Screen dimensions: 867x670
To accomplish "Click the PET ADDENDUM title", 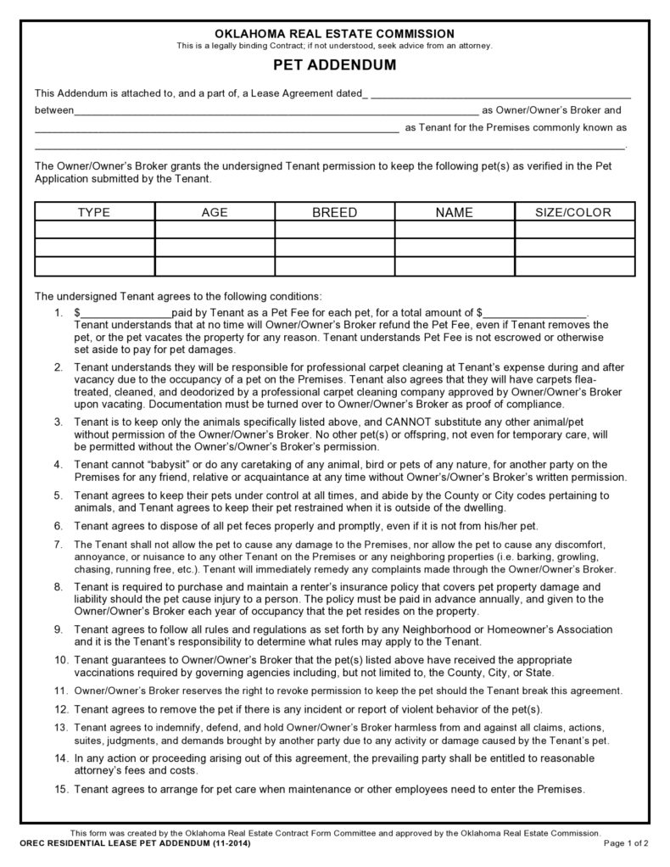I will point(334,64).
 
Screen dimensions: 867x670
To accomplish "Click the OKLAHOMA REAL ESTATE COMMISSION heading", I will point(334,33).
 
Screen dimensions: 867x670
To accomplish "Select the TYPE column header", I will point(94,212).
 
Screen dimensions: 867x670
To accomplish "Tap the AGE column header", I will point(215,212).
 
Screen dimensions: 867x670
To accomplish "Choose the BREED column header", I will point(334,212).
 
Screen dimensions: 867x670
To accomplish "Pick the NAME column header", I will point(454,212).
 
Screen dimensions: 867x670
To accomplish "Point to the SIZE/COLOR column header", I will point(573,212).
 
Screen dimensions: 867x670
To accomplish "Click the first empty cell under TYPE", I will point(94,229).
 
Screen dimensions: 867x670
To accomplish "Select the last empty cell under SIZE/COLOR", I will point(573,266).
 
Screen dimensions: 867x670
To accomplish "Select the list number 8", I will point(58,587).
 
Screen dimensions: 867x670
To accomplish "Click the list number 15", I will point(59,789).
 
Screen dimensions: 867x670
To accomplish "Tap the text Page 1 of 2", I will point(626,844).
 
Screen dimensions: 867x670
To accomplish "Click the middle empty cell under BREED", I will point(334,248).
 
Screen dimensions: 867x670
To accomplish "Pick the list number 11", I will point(59,690).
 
